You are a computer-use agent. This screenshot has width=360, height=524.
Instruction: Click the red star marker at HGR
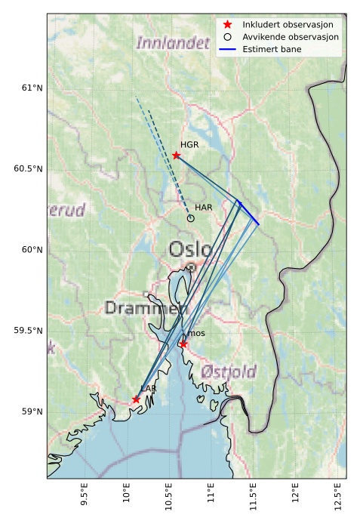[176, 156]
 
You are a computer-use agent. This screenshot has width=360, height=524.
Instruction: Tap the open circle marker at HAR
[190, 218]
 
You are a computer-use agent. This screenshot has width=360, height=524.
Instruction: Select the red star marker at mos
[183, 344]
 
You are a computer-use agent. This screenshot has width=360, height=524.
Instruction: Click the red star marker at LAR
[136, 399]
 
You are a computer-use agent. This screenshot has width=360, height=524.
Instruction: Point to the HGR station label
[189, 144]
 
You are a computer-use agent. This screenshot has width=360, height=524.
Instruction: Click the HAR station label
[204, 207]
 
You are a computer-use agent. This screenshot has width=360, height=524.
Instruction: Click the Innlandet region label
[173, 44]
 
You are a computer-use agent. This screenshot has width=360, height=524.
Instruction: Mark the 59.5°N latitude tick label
[26, 331]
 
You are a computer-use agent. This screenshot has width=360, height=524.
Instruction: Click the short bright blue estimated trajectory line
[248, 212]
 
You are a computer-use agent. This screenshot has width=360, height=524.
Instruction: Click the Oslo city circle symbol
[192, 267]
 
